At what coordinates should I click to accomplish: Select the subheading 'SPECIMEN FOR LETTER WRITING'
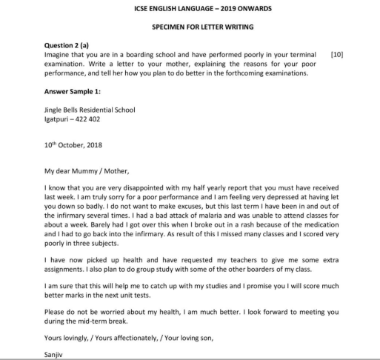pos(189,27)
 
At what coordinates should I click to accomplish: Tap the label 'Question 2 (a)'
pos(71,45)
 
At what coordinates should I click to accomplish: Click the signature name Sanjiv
pos(56,353)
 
